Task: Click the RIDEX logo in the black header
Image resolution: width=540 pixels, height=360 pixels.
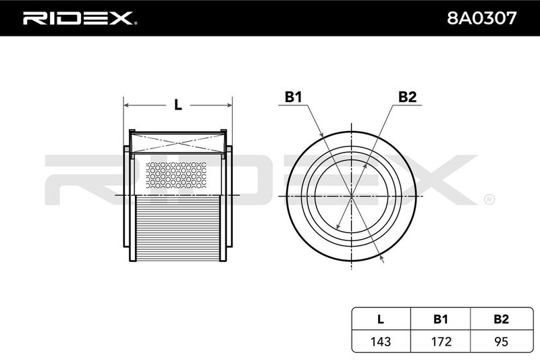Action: coord(80,18)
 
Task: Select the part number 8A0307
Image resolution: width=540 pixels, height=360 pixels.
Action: coord(481,18)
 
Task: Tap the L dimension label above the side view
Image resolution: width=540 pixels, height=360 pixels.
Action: coord(178,105)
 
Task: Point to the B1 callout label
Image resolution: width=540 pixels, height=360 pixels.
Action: coord(293,97)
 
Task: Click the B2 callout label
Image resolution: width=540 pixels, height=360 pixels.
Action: coord(407,97)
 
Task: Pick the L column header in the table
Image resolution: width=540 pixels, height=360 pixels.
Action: coord(380,319)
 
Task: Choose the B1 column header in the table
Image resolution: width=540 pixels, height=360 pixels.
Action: coord(441,319)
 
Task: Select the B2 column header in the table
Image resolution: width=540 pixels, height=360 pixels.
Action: coord(501,319)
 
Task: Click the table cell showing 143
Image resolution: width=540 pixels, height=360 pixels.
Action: coord(381,341)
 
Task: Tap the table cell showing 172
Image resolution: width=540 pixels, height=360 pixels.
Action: coord(441,341)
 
